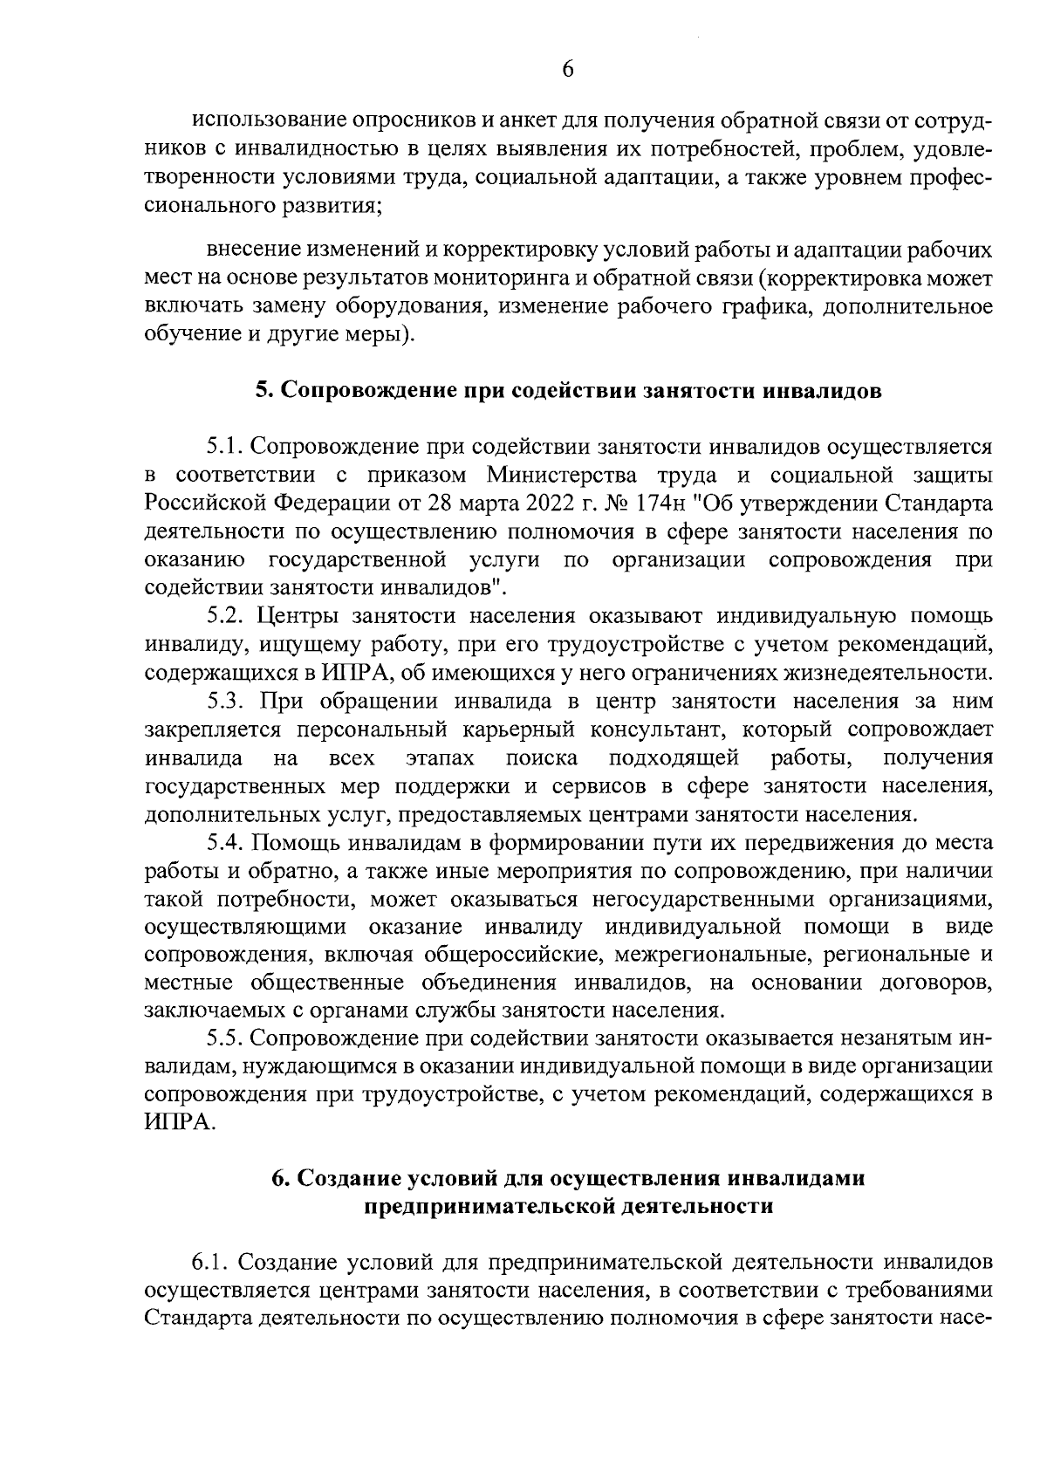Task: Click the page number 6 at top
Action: [x=567, y=68]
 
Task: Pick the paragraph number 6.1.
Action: [x=210, y=1264]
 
